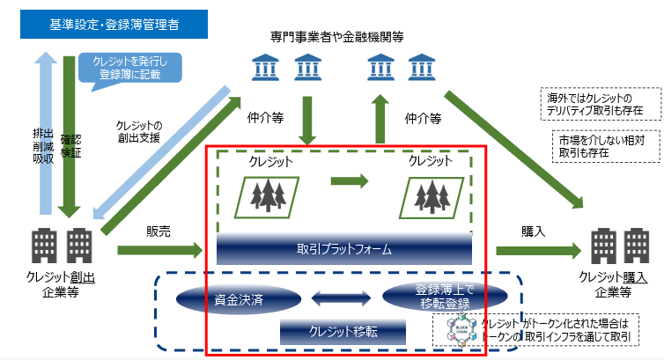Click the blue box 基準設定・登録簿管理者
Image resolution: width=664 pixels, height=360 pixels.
click(x=114, y=25)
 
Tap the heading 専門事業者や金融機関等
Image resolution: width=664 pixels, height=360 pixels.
click(x=337, y=36)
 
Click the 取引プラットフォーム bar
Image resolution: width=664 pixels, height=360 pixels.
click(x=344, y=249)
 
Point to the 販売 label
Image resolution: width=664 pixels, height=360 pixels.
click(x=159, y=231)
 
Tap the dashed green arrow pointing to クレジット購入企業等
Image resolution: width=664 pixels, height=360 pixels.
click(x=538, y=251)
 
